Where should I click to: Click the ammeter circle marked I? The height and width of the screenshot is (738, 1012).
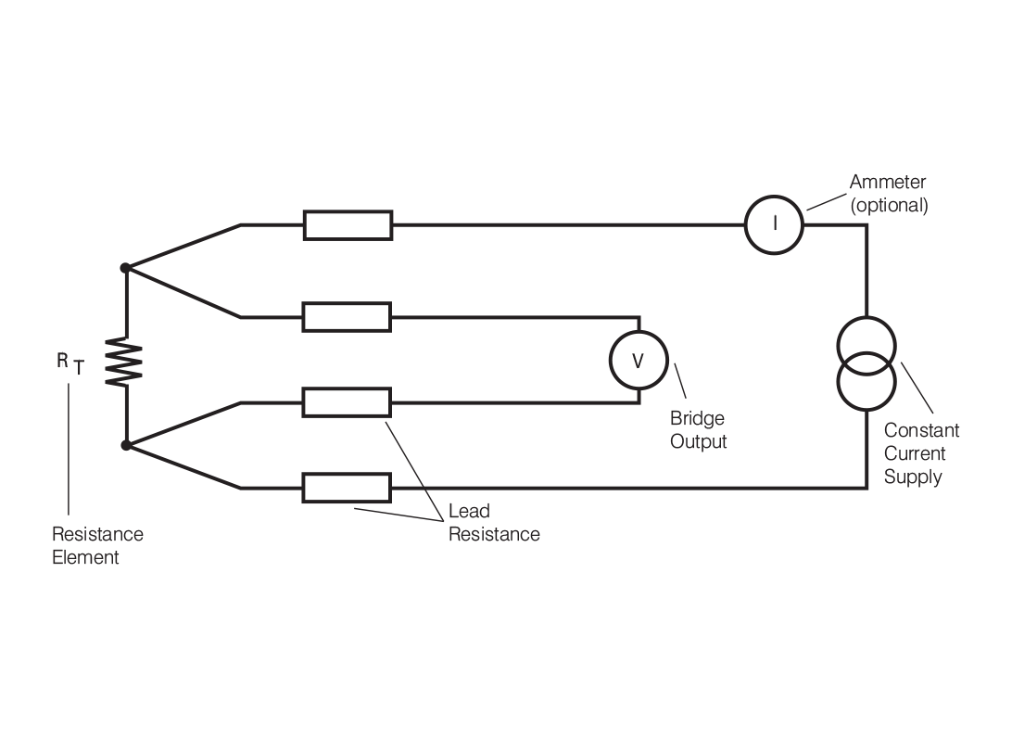tap(775, 224)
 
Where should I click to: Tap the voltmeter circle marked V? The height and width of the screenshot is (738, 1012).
tap(638, 362)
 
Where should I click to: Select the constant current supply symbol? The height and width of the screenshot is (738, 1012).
tap(865, 363)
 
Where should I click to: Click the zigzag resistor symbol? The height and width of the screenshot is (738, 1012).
tap(126, 362)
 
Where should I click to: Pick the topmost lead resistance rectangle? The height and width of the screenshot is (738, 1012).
tap(348, 224)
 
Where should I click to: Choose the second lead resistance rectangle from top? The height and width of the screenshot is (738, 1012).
tap(348, 317)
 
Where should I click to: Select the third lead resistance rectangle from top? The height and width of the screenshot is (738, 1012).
tap(348, 403)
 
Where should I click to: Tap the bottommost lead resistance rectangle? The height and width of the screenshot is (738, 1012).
tap(348, 488)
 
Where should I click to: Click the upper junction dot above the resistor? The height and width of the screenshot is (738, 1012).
tap(125, 269)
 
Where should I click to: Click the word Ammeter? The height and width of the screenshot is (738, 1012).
tap(887, 184)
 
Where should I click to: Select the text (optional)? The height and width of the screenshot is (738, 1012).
tap(889, 206)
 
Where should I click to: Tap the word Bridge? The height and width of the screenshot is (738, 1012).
tap(697, 419)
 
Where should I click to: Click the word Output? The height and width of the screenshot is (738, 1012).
tap(699, 441)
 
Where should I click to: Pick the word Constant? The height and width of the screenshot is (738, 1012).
tap(921, 431)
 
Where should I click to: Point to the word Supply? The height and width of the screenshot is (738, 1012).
tap(912, 477)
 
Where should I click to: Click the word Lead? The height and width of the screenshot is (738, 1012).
tap(469, 511)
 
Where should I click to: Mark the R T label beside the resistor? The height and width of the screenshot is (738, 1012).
tap(70, 364)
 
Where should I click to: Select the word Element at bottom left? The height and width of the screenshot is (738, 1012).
tap(85, 557)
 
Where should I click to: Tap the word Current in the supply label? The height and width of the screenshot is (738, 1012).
tap(915, 454)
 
